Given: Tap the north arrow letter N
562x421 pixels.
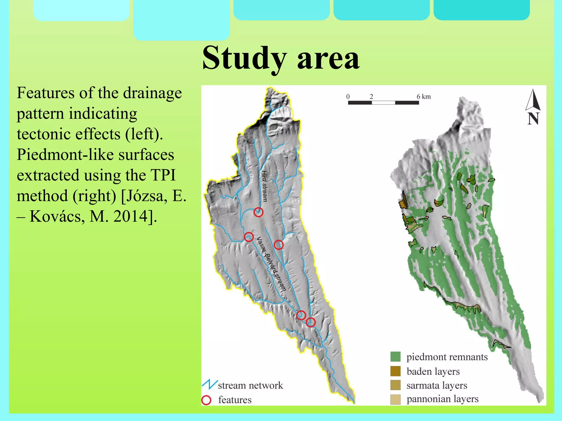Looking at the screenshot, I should tap(533, 119).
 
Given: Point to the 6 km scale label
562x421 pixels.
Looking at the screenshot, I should tap(423, 96).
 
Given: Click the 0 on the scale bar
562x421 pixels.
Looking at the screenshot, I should tap(348, 96).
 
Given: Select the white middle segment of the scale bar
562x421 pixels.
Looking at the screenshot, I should tap(383, 103).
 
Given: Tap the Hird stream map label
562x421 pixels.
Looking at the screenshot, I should tap(264, 186).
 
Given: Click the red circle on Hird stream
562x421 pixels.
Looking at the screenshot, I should tap(258, 212).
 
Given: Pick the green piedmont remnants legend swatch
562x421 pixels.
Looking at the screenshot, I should tap(395, 357).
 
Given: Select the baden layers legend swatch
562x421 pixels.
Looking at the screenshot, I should tap(395, 371).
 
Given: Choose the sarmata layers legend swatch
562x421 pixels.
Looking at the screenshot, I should tap(395, 385).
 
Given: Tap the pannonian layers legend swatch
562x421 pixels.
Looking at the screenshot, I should tap(395, 399).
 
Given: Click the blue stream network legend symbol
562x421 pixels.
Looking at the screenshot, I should tap(210, 385).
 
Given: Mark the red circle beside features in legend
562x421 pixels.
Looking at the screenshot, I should tap(206, 400).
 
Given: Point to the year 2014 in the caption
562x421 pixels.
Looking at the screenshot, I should tap(130, 216).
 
